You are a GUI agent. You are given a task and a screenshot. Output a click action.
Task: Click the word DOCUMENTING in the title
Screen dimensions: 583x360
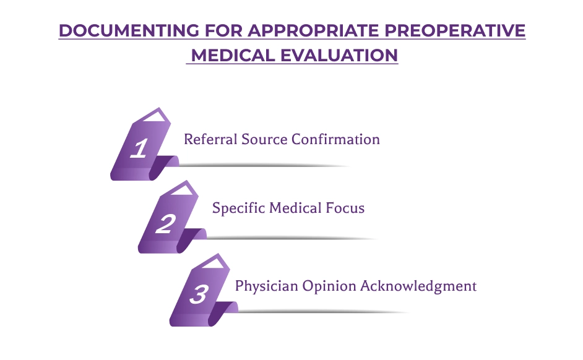pos(129,30)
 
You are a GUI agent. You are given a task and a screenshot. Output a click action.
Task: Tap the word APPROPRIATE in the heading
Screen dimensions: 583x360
pos(313,30)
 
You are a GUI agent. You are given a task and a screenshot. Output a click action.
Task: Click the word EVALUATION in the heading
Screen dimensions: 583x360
pos(339,55)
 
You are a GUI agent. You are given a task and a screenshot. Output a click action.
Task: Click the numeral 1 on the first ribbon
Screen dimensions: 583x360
pos(139,148)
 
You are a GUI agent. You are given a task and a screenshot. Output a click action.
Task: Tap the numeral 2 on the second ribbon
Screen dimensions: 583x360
pos(165,224)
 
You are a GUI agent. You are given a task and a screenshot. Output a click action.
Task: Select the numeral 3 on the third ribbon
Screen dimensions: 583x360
pos(199,294)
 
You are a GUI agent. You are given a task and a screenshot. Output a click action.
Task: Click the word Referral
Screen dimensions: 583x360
pos(210,139)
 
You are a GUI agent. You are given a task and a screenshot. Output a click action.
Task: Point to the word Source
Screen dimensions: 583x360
pos(264,139)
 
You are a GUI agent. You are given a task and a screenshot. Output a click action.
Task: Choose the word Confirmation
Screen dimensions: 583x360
pos(335,139)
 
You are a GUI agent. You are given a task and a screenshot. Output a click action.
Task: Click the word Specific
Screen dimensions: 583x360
pos(239,208)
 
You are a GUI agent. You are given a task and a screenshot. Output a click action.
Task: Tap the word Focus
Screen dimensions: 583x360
pos(345,208)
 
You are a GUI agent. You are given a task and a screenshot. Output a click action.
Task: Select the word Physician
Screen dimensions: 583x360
pos(267,286)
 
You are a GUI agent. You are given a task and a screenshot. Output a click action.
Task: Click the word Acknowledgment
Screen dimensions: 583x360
pos(418,286)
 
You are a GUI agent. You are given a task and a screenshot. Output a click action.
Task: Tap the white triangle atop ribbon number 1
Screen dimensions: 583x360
pos(155,117)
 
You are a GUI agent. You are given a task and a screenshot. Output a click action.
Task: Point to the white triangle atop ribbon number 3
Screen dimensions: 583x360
pos(215,263)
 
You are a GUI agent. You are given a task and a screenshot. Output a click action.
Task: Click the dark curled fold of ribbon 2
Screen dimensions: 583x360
pos(189,239)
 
